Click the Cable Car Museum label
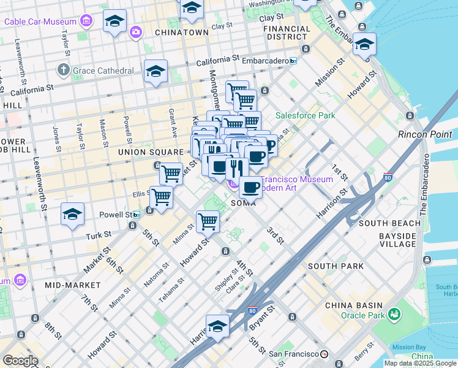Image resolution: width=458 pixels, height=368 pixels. tap(40, 22)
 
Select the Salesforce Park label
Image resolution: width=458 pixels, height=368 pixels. tap(305, 115)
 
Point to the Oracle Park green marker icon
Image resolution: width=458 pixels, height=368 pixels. tap(394, 315)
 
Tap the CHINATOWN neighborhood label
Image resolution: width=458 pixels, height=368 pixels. tap(181, 32)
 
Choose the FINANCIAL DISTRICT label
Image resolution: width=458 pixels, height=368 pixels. tap(287, 33)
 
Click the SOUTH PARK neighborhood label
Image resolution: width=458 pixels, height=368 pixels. tap(336, 266)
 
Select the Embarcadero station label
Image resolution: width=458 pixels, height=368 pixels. tap(265, 61)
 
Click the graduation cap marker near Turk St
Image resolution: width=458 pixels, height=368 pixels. tap(72, 215)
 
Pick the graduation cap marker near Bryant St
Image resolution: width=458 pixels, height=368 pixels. tap(217, 327)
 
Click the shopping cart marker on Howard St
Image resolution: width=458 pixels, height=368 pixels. tap(208, 221)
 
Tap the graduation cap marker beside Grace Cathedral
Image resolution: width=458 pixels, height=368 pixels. tap(156, 72)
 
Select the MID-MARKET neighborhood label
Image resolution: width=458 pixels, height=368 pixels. tap(72, 285)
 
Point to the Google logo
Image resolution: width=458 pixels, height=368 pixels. tap(20, 360)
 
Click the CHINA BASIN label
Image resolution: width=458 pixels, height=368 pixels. tap(354, 305)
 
